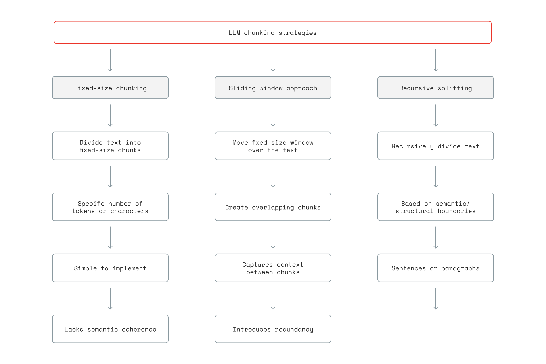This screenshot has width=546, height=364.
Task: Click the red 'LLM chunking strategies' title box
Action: pos(272,32)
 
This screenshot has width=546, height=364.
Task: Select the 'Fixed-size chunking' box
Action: pos(110,88)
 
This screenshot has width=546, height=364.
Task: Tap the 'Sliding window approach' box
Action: pos(273,88)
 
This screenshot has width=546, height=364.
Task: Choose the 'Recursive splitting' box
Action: pos(435,88)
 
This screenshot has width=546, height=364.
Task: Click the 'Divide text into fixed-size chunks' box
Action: pos(110,146)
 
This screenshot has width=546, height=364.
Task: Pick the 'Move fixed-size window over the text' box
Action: pos(273,146)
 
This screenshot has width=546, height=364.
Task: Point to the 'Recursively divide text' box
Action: pos(435,146)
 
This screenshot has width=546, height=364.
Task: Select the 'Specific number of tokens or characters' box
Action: pos(110,207)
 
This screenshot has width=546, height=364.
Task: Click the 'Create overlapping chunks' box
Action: pos(273,207)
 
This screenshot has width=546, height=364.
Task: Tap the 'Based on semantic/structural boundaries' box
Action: pos(435,207)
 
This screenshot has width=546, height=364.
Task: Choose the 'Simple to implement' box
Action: pos(110,268)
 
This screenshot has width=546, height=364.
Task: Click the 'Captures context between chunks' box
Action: pos(273,268)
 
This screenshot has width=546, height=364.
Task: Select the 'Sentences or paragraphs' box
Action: pos(435,268)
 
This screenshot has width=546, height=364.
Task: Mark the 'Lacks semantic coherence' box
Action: pos(110,329)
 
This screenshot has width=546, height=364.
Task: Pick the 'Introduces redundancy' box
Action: pos(273,329)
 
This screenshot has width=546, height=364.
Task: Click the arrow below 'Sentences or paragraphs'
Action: pos(435,299)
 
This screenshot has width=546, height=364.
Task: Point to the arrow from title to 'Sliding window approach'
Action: pos(273,60)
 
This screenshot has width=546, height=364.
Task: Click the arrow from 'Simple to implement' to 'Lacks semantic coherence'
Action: pos(110,299)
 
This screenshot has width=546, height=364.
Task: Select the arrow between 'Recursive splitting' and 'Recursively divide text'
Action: pos(435,115)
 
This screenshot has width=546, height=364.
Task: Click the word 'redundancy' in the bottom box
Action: pos(294,329)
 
